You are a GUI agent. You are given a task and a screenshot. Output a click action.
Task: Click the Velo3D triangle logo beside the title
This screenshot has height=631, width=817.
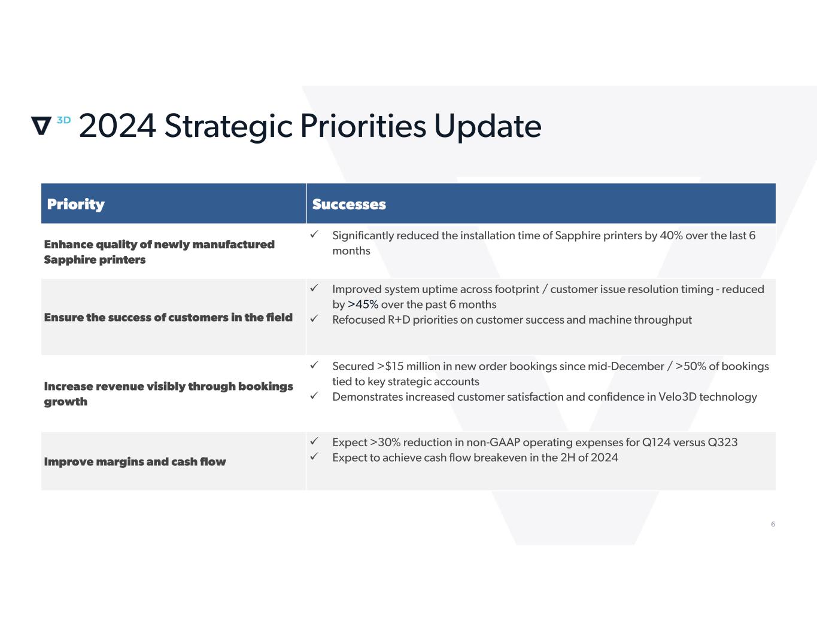tap(41, 126)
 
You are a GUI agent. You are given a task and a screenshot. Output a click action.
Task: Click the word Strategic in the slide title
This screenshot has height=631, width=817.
tap(228, 127)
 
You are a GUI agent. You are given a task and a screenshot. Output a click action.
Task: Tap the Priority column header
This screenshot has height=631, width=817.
tap(75, 205)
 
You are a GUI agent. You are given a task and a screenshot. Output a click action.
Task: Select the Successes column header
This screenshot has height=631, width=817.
tap(349, 205)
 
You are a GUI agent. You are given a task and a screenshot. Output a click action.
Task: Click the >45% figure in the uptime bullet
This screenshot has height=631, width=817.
tap(363, 304)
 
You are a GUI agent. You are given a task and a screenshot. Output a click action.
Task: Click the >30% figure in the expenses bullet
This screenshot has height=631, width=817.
tap(385, 443)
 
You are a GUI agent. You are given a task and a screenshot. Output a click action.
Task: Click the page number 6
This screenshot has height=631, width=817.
tap(773, 524)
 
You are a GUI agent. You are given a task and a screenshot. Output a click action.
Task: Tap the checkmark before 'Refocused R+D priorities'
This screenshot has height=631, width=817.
tap(314, 319)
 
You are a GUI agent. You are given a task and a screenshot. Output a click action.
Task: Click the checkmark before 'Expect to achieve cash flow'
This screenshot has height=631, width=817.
tap(314, 456)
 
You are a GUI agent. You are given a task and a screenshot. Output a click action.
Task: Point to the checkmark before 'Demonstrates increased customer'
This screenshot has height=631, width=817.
tap(314, 395)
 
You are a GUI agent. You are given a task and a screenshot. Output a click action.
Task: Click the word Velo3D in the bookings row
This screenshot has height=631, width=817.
tap(678, 397)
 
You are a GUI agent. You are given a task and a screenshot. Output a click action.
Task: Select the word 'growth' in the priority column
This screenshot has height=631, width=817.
tap(65, 402)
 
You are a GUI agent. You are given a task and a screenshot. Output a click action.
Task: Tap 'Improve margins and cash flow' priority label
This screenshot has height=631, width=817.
tap(135, 462)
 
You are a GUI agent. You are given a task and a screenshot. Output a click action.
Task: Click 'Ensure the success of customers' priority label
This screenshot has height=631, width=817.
tap(168, 318)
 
